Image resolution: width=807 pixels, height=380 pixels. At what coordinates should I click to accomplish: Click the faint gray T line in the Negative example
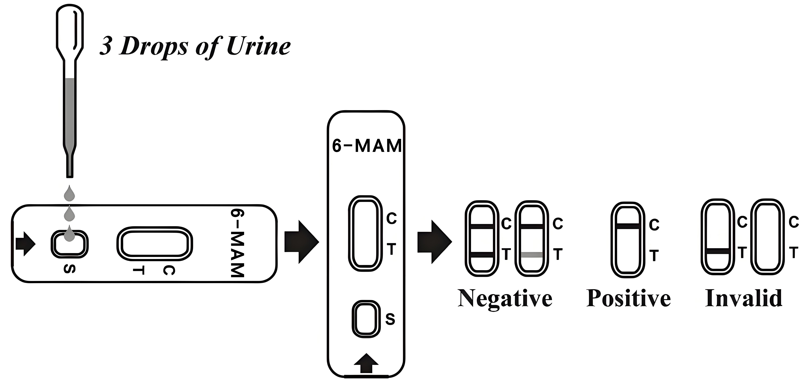532,255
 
